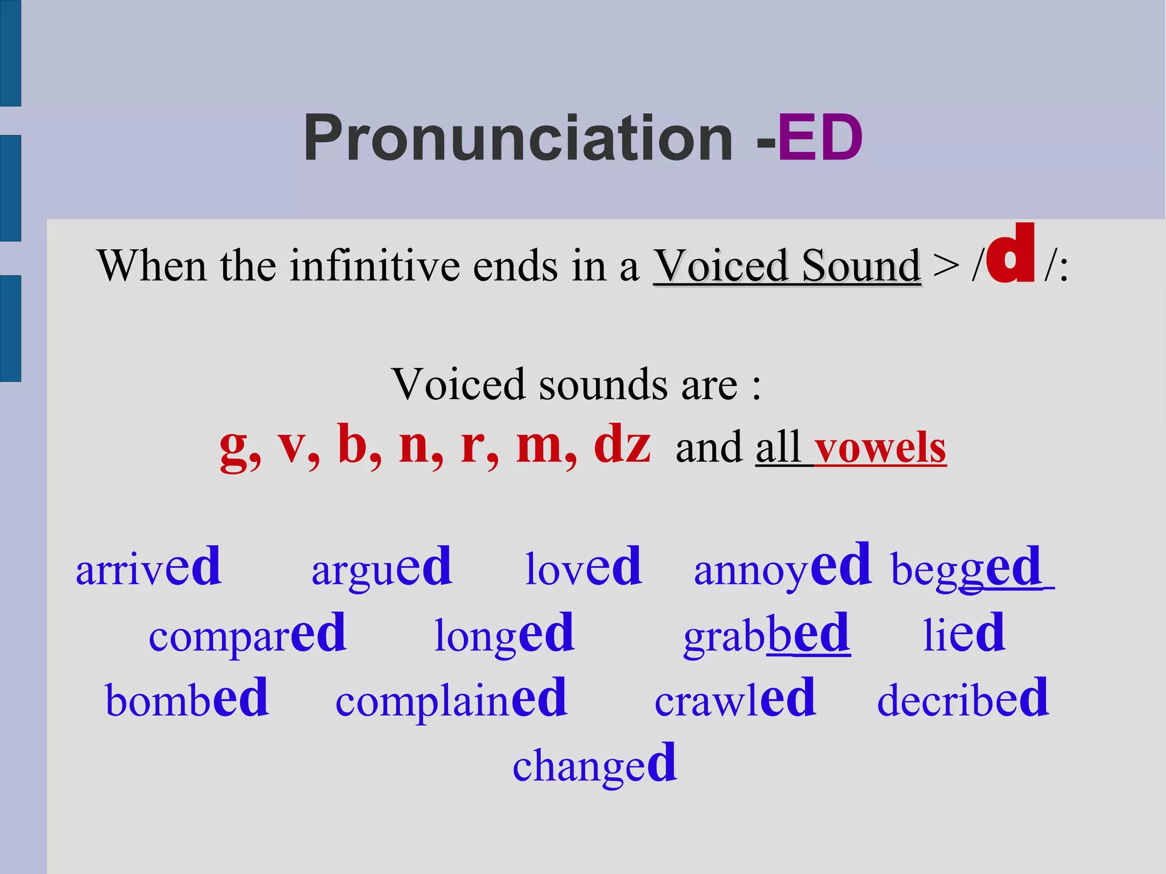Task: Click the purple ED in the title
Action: pyautogui.click(x=820, y=138)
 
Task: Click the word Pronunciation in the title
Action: pyautogui.click(x=518, y=138)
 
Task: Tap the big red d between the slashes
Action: pyautogui.click(x=1011, y=255)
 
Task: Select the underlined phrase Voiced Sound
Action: pyautogui.click(x=786, y=265)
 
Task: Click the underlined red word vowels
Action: pyautogui.click(x=880, y=448)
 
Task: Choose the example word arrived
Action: pyautogui.click(x=148, y=567)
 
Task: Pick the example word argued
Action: pyautogui.click(x=381, y=567)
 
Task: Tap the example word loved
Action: pyautogui.click(x=583, y=567)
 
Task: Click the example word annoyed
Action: pyautogui.click(x=782, y=567)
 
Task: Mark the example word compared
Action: pyautogui.click(x=247, y=634)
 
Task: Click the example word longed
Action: pyautogui.click(x=504, y=634)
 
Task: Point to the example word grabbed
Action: pyautogui.click(x=766, y=634)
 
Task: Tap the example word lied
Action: pyautogui.click(x=963, y=634)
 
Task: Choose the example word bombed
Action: pyautogui.click(x=186, y=699)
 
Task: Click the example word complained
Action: pyautogui.click(x=451, y=699)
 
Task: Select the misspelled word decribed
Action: pyautogui.click(x=962, y=699)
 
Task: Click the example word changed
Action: pyautogui.click(x=594, y=765)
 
